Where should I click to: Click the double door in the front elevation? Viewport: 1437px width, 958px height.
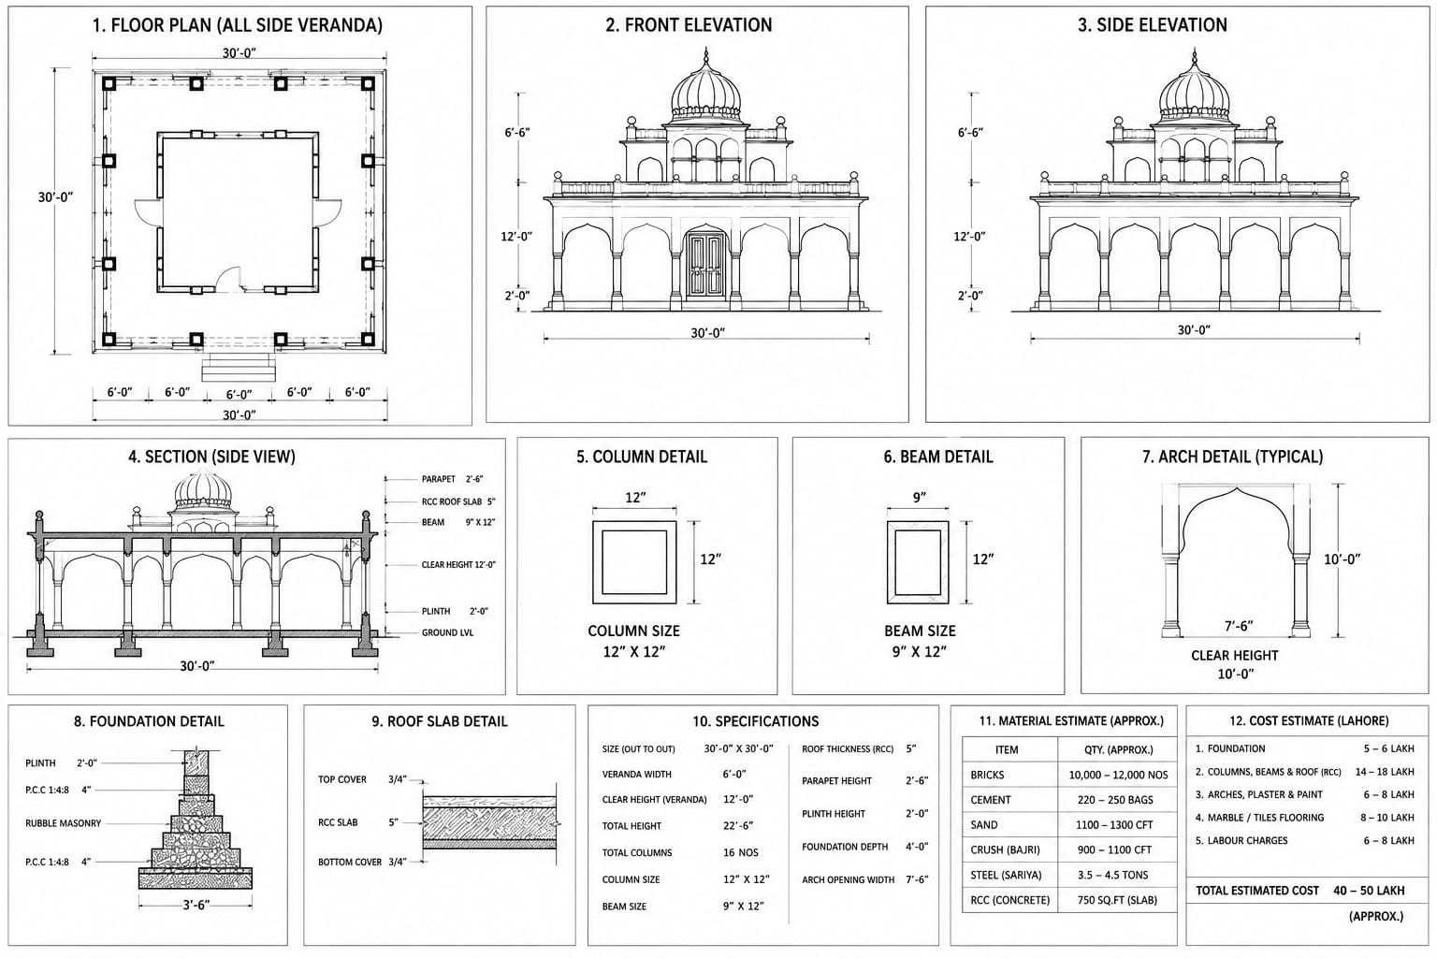point(705,265)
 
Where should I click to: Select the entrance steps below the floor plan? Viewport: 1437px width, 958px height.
point(239,367)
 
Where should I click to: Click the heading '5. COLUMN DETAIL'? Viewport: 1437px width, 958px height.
point(642,457)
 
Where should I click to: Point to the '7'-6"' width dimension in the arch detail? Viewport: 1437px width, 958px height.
point(1238,626)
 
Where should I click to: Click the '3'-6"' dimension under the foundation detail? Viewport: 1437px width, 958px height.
point(196,905)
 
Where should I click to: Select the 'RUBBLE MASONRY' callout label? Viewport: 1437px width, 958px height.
point(63,823)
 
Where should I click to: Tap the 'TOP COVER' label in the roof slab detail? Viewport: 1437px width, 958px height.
point(341,779)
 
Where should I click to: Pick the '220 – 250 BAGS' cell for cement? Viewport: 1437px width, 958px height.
point(1115,800)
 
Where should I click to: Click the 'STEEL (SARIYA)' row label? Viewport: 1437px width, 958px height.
point(1006,876)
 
